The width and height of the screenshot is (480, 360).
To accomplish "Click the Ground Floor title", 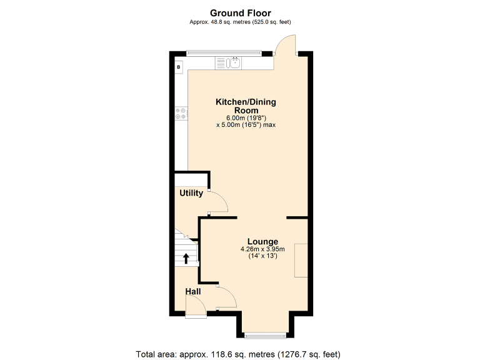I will [x=240, y=12].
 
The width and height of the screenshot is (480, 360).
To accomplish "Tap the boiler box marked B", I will [x=179, y=66].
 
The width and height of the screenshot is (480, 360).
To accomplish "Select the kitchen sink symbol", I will [x=236, y=62].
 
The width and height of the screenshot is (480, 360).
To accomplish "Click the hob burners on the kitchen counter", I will [x=181, y=113].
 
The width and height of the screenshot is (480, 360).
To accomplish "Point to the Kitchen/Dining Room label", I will [x=246, y=106].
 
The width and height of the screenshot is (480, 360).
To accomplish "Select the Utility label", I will [x=191, y=193].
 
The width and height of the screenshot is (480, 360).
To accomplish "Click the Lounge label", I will [x=262, y=242].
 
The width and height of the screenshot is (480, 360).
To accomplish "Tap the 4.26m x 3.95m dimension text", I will [x=262, y=250].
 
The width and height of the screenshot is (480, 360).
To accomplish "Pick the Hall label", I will [x=193, y=291].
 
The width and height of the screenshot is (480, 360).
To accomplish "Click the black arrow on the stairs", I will [x=186, y=258].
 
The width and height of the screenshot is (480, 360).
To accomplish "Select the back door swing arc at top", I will [x=286, y=45].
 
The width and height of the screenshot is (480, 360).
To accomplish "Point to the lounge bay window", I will [x=262, y=332].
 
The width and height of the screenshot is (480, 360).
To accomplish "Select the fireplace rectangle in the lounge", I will [x=301, y=260].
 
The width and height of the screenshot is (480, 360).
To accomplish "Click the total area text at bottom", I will [x=238, y=354].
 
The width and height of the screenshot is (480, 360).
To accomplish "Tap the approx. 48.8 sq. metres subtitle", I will [x=240, y=22].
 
